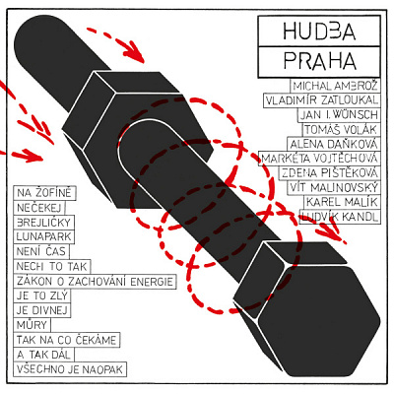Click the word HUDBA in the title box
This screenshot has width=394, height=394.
click(x=319, y=32)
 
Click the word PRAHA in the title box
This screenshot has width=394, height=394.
click(x=320, y=61)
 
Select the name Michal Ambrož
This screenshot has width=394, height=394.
click(x=335, y=86)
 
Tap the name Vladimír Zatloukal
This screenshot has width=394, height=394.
click(x=322, y=100)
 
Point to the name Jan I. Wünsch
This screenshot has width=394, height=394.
click(x=339, y=114)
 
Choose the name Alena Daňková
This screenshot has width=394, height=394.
click(x=334, y=144)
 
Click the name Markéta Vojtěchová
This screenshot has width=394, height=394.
click(x=319, y=159)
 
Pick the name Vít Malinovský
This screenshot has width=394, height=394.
click(x=334, y=187)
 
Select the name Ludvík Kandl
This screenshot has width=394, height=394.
click(x=340, y=217)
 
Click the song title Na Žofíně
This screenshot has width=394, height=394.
click(x=44, y=193)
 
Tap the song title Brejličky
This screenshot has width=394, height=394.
click(x=43, y=223)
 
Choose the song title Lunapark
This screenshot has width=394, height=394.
click(x=43, y=236)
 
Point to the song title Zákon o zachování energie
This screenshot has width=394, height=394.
click(x=95, y=282)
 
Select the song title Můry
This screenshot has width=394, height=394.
click(x=32, y=325)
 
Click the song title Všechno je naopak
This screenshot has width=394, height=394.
click(x=70, y=369)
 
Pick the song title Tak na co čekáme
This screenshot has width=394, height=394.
click(x=66, y=340)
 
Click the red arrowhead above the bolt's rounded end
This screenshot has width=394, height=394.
click(x=135, y=52)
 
